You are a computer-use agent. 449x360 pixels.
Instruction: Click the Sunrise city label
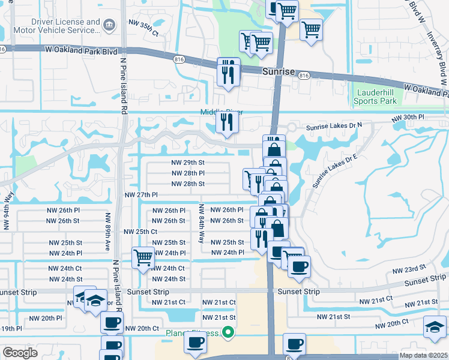click(279, 71)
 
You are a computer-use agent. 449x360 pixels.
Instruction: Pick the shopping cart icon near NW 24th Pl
click(143, 258)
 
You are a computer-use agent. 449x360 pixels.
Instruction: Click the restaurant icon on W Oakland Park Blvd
click(228, 72)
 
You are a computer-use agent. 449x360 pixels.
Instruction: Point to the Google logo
click(20, 352)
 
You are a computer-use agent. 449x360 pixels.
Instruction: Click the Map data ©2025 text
click(423, 355)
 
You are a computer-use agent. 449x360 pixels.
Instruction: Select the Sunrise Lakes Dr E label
click(335, 164)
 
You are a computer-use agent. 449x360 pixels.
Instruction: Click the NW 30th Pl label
click(408, 118)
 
